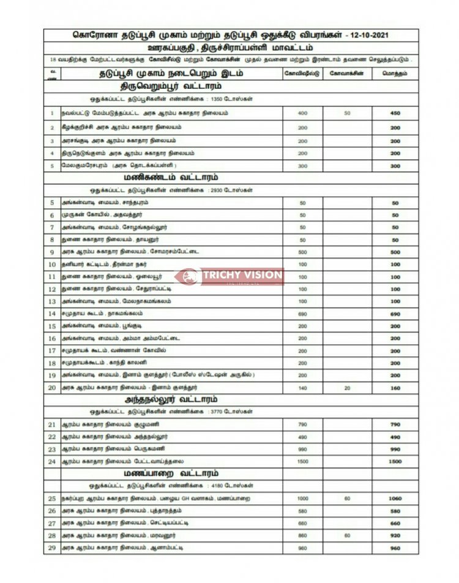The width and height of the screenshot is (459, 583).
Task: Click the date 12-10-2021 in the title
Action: (367, 35)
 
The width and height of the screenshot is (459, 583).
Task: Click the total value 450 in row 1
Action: (395, 113)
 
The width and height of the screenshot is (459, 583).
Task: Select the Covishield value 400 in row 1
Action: (302, 113)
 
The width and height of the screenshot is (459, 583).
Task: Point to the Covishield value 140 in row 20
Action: (302, 388)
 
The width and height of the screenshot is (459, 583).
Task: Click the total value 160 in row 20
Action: (395, 388)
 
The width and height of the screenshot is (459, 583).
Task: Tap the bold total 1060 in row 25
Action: (395, 498)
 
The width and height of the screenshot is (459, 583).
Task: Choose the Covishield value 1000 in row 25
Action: (302, 498)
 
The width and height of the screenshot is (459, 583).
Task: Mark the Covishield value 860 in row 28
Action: (302, 535)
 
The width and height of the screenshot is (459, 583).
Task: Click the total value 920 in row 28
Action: (395, 535)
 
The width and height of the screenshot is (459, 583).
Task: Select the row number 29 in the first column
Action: (52, 547)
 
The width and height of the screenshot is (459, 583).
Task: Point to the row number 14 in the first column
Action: (52, 314)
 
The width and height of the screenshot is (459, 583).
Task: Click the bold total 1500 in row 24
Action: (395, 461)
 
